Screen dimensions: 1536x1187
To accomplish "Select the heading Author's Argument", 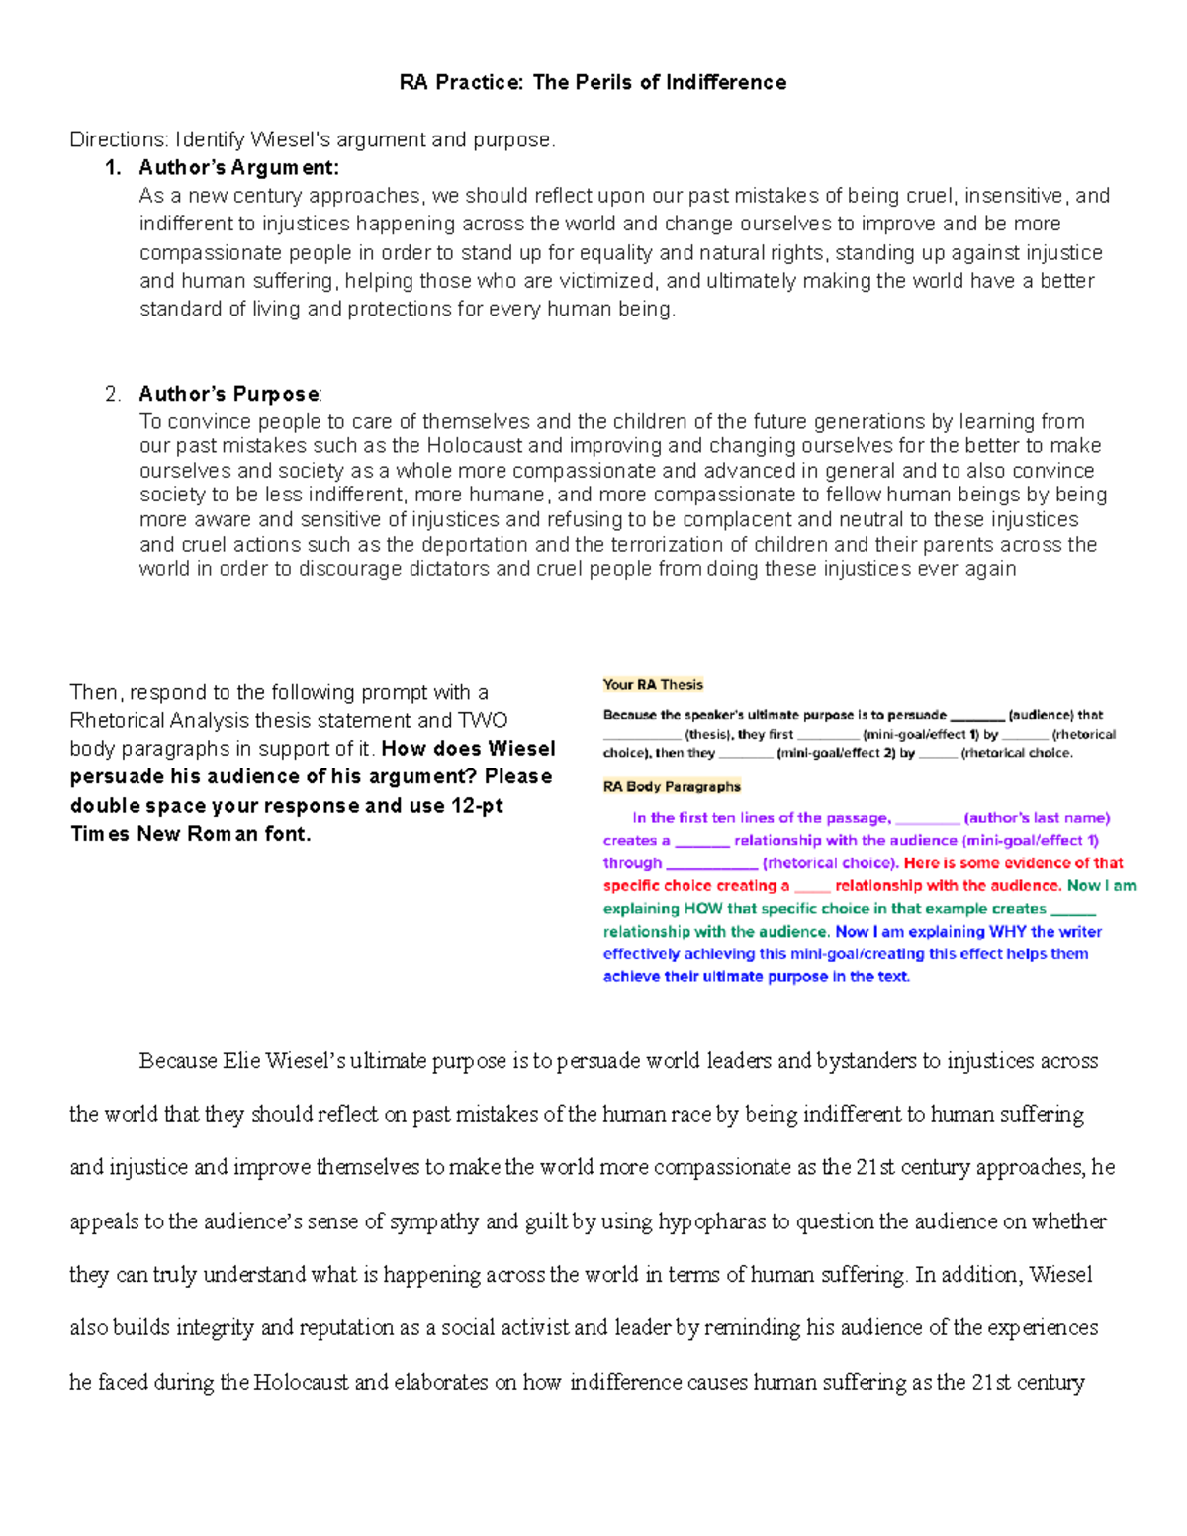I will pyautogui.click(x=238, y=167).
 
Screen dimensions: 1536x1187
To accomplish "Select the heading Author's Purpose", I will pyautogui.click(x=228, y=394).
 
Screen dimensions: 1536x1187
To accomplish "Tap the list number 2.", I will pyautogui.click(x=113, y=394).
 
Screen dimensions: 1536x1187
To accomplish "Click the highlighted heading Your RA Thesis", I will pyautogui.click(x=653, y=684).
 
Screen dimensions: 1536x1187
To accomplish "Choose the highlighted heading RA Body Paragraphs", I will pyautogui.click(x=672, y=787).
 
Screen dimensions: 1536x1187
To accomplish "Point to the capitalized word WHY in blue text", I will pyautogui.click(x=1007, y=932).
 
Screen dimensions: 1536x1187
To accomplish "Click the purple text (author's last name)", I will pyautogui.click(x=1037, y=818).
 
